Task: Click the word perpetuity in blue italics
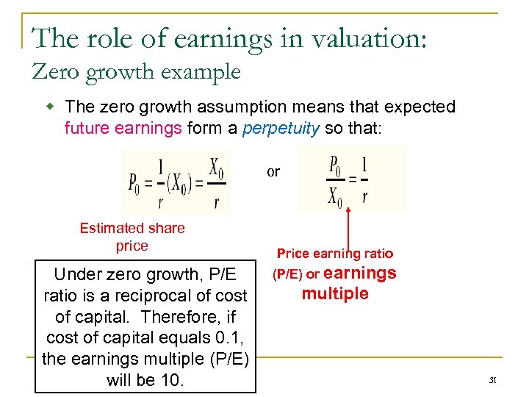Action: (280, 128)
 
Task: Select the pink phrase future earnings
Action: (123, 128)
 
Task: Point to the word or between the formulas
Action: (273, 171)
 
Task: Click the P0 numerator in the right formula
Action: (334, 163)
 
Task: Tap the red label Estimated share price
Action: (132, 237)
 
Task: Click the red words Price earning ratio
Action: (334, 254)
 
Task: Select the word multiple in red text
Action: (335, 294)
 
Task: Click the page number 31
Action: (493, 380)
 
